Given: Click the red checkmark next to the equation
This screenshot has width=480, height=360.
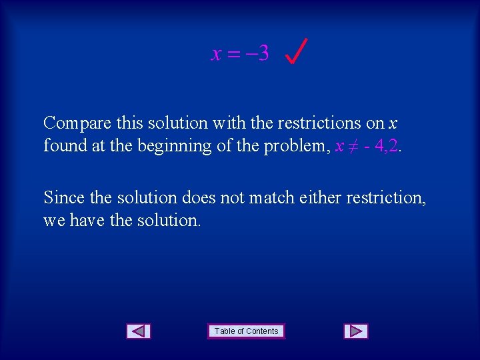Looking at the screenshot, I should click(296, 51).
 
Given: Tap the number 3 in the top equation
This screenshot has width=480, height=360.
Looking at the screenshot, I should click(263, 53).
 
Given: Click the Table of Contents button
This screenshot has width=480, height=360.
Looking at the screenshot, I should click(246, 331).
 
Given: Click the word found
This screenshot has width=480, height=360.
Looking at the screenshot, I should click(65, 145).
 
